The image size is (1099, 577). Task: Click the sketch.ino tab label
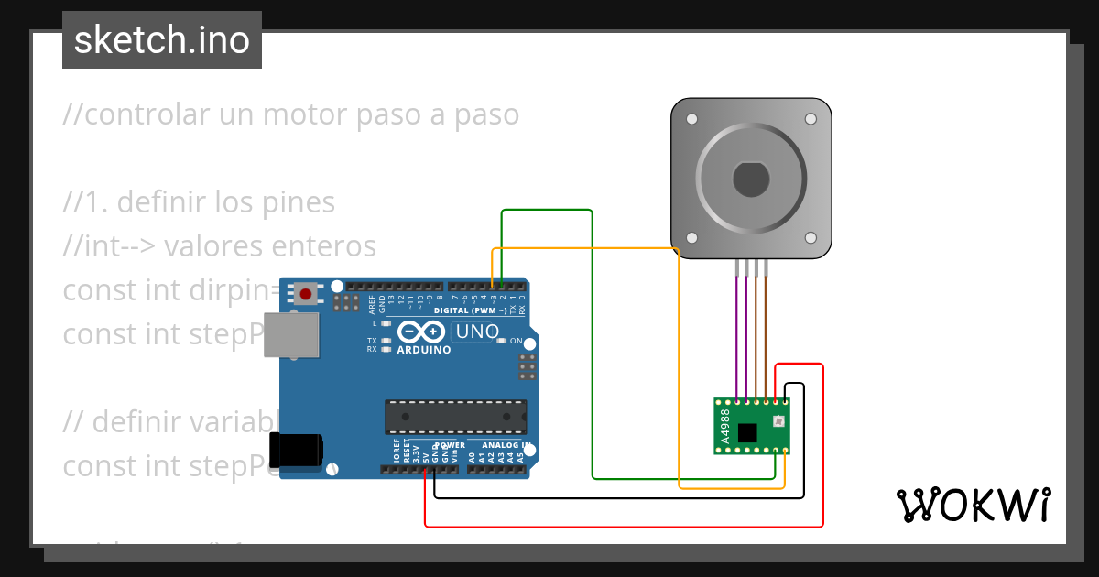162,40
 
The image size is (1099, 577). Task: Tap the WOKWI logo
973,504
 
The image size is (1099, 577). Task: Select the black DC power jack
296,450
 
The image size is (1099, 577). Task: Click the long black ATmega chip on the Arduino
455,417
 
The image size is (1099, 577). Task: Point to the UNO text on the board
477,332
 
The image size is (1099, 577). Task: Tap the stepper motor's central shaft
751,179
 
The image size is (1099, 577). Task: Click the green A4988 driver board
751,426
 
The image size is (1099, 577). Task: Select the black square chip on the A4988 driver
748,431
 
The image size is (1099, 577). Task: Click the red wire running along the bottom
623,527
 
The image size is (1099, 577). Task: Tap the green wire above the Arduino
547,211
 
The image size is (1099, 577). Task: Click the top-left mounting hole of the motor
691,119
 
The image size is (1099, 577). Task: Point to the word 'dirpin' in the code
230,290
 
